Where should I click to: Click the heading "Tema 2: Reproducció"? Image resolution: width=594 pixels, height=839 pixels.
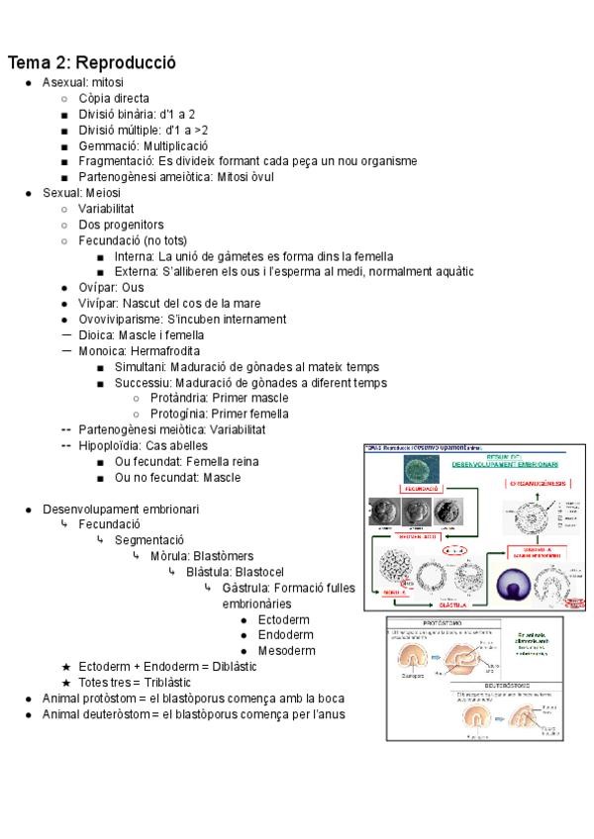click(92, 62)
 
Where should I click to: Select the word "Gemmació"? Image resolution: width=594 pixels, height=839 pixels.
click(104, 145)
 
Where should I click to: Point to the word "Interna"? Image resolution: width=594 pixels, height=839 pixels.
click(135, 256)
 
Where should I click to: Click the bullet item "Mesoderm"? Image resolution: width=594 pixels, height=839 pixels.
click(286, 651)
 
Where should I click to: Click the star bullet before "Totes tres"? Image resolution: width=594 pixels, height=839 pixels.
click(66, 683)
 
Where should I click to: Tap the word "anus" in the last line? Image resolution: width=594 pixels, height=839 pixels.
click(330, 714)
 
